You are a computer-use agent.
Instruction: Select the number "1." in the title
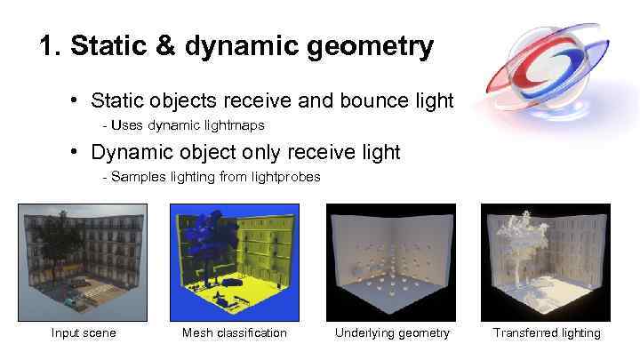[x=51, y=45]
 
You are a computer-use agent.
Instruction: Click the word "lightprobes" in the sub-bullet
[x=283, y=177]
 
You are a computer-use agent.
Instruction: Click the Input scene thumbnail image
[x=83, y=262]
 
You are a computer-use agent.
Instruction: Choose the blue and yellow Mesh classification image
[x=235, y=262]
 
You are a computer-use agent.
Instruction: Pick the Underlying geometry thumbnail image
[x=390, y=262]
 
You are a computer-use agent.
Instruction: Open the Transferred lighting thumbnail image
[x=546, y=262]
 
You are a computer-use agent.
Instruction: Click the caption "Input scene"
[x=84, y=333]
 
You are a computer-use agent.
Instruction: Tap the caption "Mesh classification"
[x=235, y=333]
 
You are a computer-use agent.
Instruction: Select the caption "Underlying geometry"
[x=392, y=333]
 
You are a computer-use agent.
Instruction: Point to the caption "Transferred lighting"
[x=547, y=333]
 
